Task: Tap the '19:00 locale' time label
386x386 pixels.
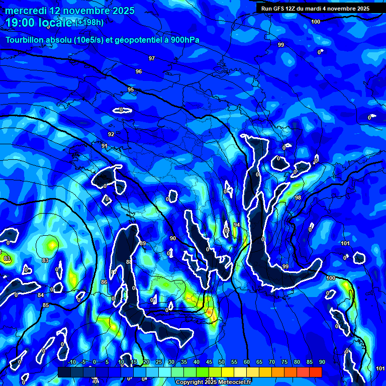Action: (39, 23)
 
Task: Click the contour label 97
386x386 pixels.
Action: (152, 59)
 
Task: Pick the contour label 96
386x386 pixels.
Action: (139, 72)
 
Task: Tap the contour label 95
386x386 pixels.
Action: (131, 90)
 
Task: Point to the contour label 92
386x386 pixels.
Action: (111, 134)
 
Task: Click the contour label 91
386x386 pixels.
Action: (105, 146)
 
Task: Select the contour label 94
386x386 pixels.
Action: (237, 225)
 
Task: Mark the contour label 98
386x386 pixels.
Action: (298, 198)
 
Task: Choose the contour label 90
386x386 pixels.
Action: (173, 239)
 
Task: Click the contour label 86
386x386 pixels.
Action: (104, 282)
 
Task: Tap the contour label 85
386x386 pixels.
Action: (46, 306)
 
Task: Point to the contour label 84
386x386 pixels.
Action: (41, 295)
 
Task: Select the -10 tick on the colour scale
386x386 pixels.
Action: (71, 362)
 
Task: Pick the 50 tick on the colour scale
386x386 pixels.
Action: (222, 362)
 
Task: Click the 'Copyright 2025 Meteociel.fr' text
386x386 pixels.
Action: (213, 382)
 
